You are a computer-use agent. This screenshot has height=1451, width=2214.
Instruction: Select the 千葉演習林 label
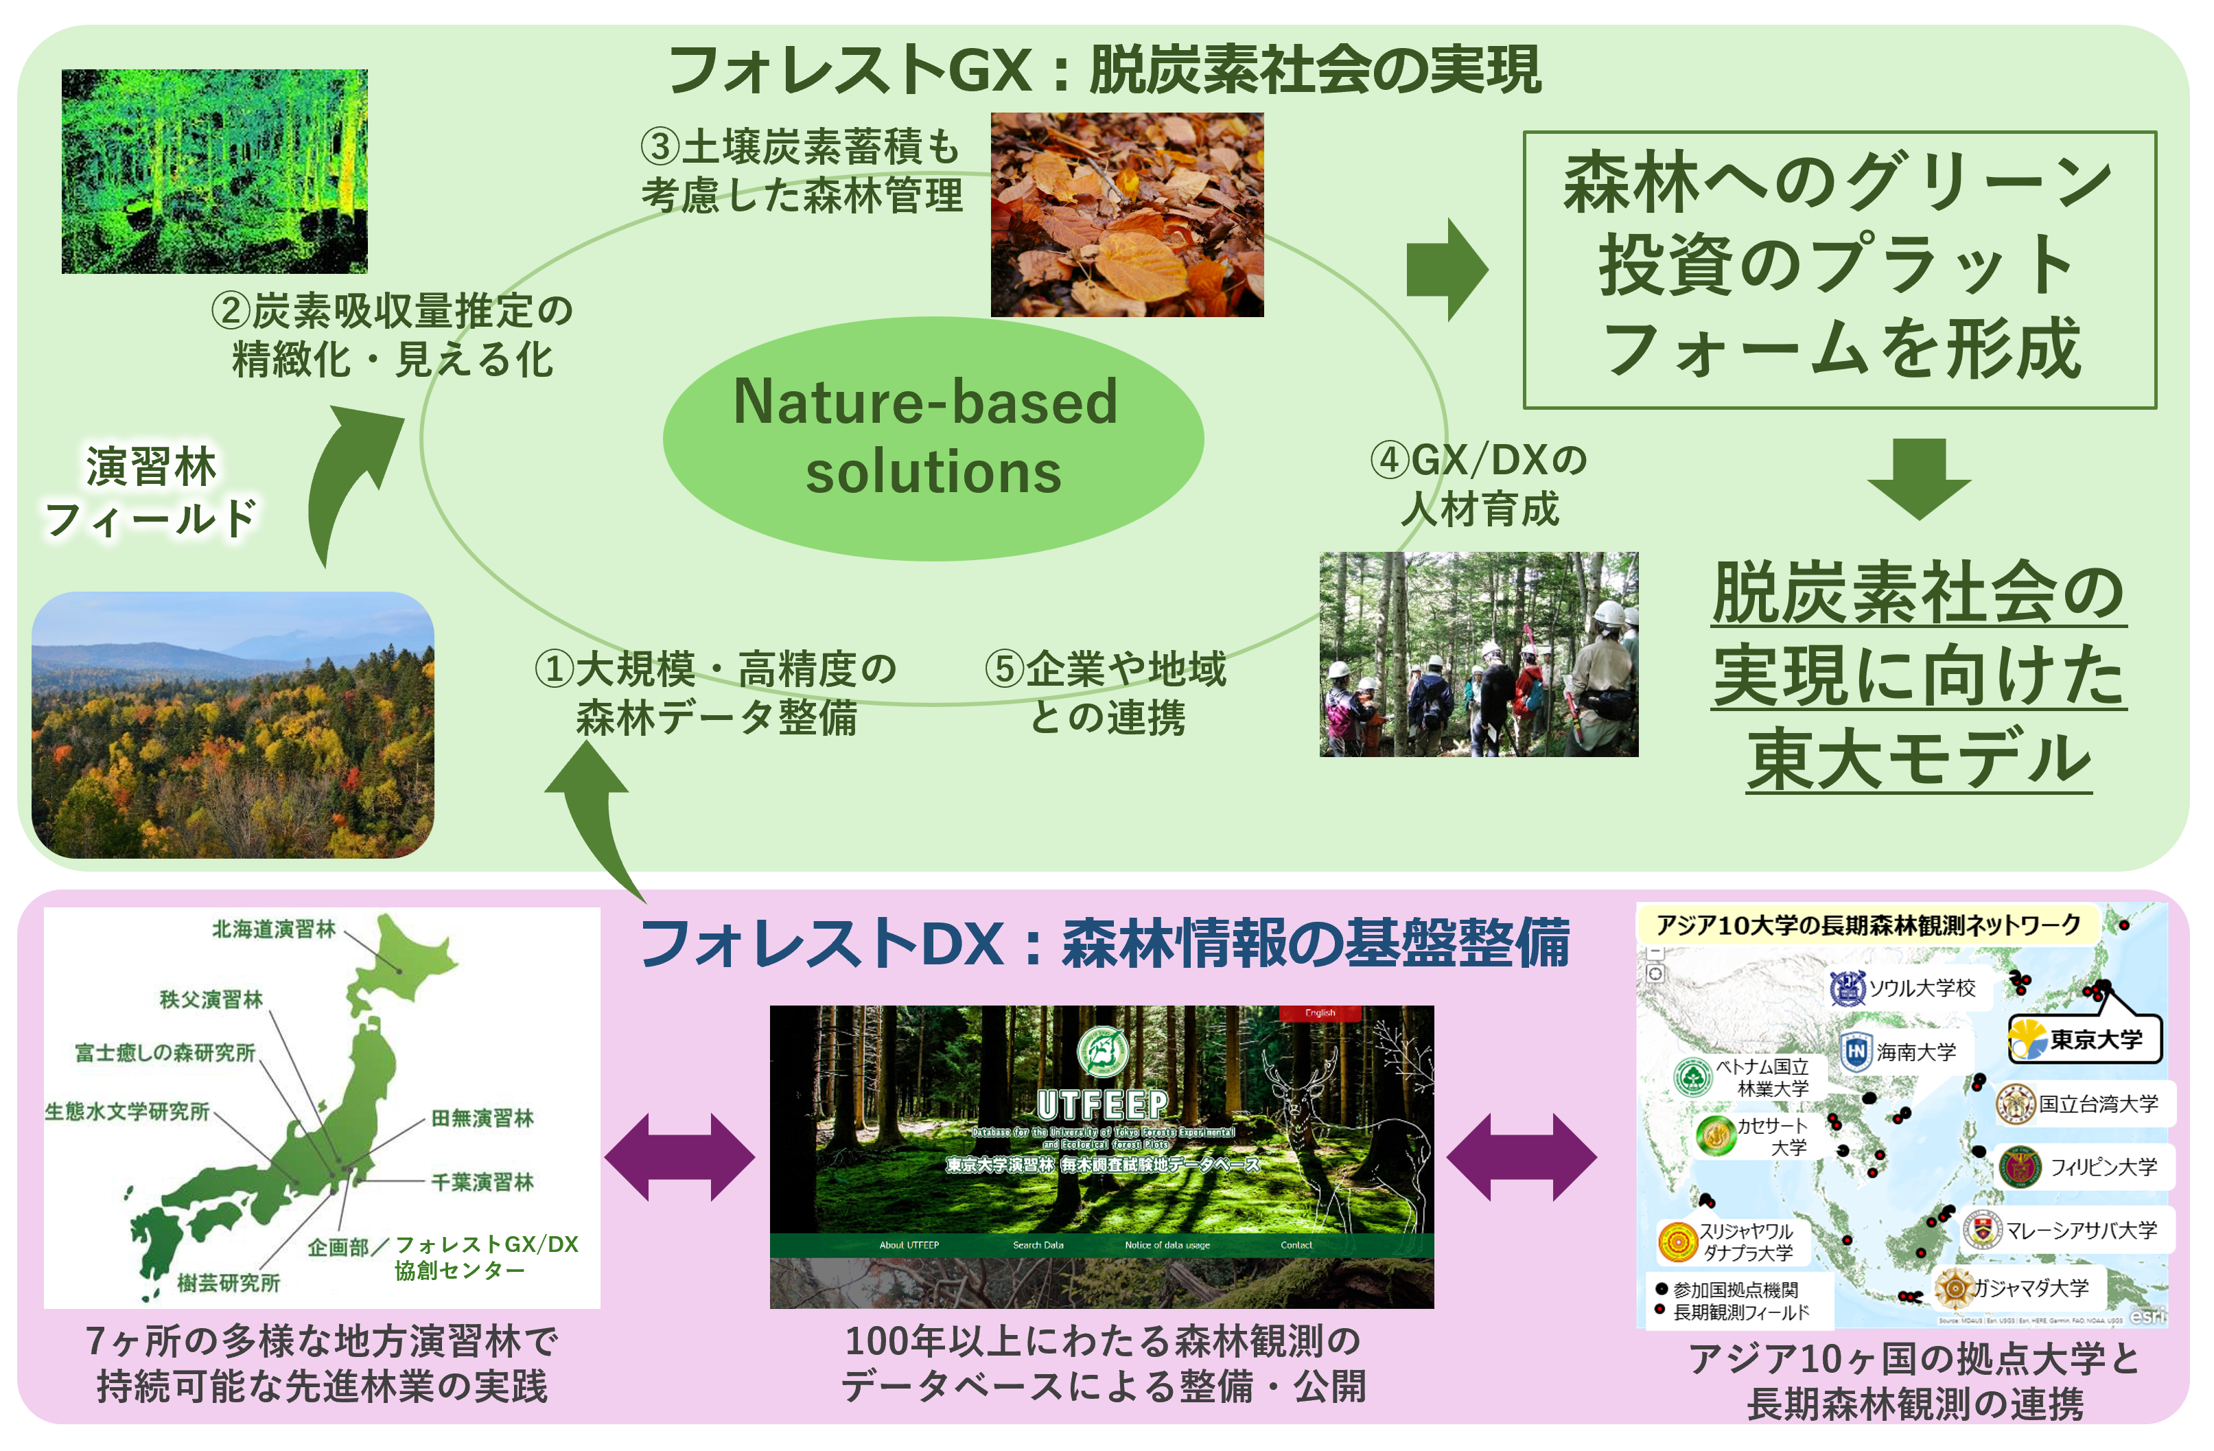(482, 1182)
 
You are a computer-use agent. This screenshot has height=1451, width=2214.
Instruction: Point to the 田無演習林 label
(482, 1118)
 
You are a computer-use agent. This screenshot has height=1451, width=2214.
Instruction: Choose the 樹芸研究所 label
(229, 1284)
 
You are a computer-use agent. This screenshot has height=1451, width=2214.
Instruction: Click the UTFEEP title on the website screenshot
(1102, 1105)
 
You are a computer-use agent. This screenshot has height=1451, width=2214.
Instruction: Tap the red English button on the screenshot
(1319, 1013)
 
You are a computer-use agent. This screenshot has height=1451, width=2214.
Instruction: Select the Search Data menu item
(1038, 1244)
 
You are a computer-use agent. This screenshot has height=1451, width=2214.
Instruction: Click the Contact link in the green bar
(1296, 1244)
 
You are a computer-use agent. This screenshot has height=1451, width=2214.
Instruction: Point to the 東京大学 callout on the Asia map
(2086, 1039)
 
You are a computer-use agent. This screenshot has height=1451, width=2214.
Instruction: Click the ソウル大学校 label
(1922, 988)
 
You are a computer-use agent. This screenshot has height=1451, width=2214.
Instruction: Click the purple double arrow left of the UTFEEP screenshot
(680, 1157)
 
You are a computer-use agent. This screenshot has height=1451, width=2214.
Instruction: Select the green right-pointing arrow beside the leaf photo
(1447, 270)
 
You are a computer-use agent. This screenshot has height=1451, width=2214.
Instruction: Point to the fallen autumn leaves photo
(1126, 215)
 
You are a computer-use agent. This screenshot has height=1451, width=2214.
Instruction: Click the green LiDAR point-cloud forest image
(214, 171)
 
